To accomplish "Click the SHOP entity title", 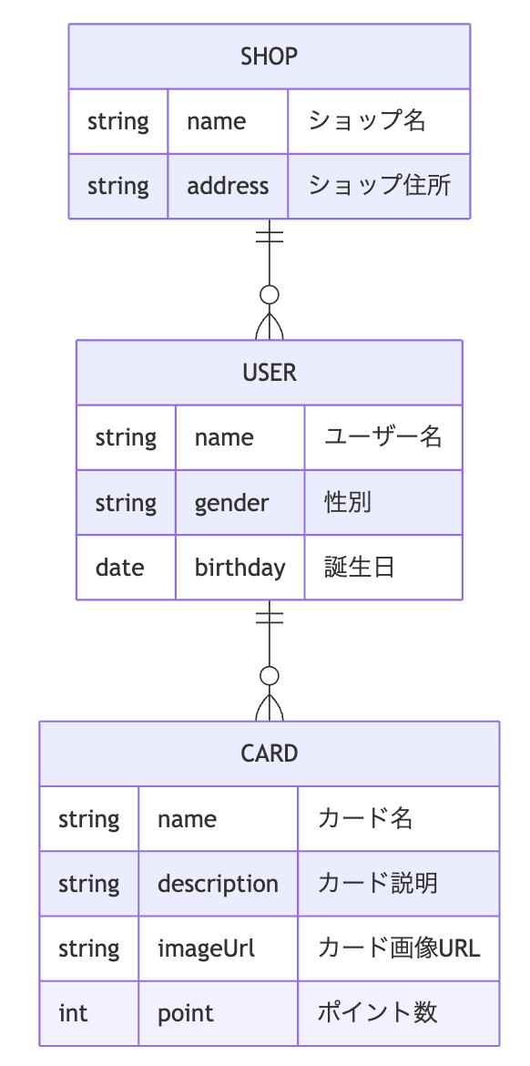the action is [x=269, y=56].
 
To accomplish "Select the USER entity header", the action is [x=269, y=373].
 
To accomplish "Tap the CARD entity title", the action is [x=269, y=753].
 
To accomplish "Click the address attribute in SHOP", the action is [x=228, y=186].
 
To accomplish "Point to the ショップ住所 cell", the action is [x=379, y=186].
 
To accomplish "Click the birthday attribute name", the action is [x=240, y=567].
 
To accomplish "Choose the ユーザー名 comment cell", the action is [x=383, y=436].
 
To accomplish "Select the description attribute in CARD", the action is [x=219, y=884].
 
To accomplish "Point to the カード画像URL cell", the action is [x=399, y=948].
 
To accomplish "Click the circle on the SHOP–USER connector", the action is [x=270, y=295].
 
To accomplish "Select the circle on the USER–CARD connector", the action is [x=270, y=676].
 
